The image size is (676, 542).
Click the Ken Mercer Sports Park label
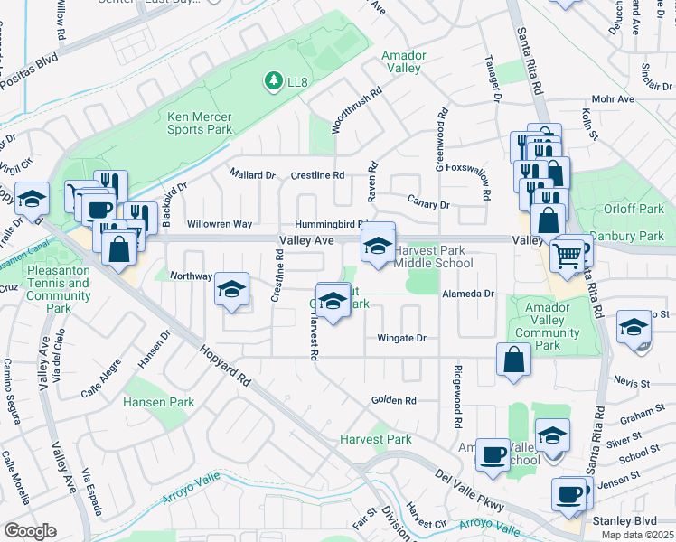pos(200,123)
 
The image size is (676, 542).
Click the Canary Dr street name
pos(427,205)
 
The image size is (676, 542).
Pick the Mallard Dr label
pos(251,174)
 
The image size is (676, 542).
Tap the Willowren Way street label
pos(219,224)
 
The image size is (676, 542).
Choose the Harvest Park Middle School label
pos(434,257)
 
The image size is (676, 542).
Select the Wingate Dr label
pos(401,339)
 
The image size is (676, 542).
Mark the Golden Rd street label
pos(393,400)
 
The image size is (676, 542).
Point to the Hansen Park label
pos(158,402)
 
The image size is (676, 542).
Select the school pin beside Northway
pos(231,290)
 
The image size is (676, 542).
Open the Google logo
pos(31,530)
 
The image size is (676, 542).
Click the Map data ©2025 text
pos(637,535)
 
